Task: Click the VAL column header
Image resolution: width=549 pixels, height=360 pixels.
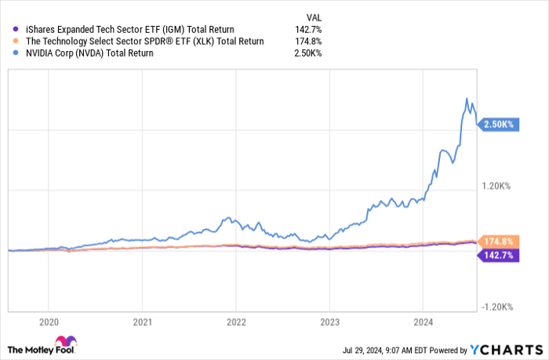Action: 313,16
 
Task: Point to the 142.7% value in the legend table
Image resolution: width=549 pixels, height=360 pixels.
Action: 307,29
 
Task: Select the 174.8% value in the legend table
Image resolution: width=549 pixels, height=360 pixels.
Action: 307,41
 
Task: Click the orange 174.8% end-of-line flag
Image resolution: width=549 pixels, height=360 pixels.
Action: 497,242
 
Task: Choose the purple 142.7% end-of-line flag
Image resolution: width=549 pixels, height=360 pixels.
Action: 497,256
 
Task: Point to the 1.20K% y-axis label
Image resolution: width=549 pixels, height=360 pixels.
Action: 496,186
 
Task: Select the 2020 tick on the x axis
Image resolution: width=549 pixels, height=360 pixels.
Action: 49,321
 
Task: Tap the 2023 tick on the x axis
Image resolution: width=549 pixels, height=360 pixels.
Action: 329,321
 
